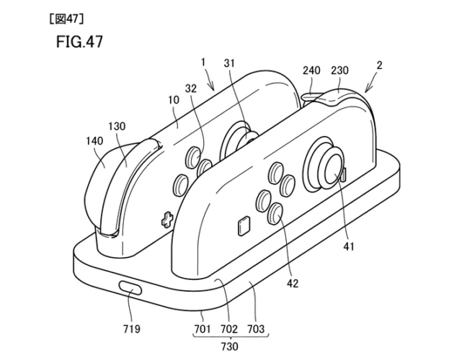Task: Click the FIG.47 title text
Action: tap(79, 42)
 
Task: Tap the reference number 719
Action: tap(132, 329)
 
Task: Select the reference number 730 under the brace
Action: tap(230, 346)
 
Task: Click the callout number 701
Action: tap(203, 329)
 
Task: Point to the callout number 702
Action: tap(229, 329)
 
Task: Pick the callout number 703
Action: tap(256, 329)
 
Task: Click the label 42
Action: tap(293, 283)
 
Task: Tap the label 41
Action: tap(349, 246)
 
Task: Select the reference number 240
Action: tap(311, 70)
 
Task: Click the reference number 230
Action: tap(339, 70)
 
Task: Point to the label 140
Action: tap(94, 141)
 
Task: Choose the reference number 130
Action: tap(117, 126)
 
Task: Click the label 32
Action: tap(191, 89)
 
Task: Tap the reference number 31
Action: tap(229, 63)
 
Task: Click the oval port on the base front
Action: tap(130, 288)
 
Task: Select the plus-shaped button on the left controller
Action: tap(167, 220)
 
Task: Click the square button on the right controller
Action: tap(244, 226)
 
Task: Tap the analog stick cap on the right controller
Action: tap(333, 169)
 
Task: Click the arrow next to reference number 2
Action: tap(370, 85)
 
